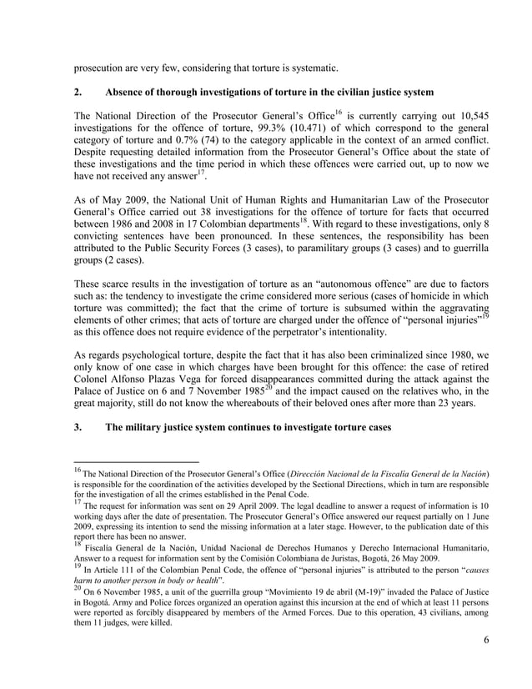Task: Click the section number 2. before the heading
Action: click(78, 90)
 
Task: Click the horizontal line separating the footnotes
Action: click(137, 460)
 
